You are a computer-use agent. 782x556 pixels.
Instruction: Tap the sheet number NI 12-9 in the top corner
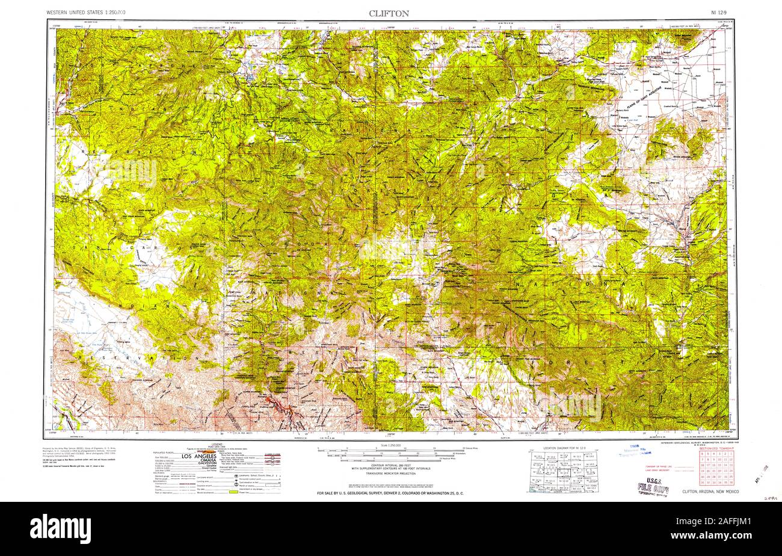pyautogui.click(x=721, y=13)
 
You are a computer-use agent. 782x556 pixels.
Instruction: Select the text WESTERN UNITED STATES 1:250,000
pyautogui.click(x=86, y=13)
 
